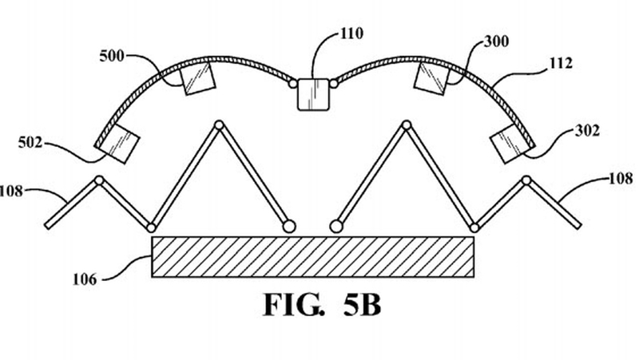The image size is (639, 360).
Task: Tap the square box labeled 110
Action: (314, 95)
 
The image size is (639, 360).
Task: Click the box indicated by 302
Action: (510, 143)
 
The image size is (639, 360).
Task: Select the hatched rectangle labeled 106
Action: (314, 256)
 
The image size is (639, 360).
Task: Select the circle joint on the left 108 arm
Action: (99, 180)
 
